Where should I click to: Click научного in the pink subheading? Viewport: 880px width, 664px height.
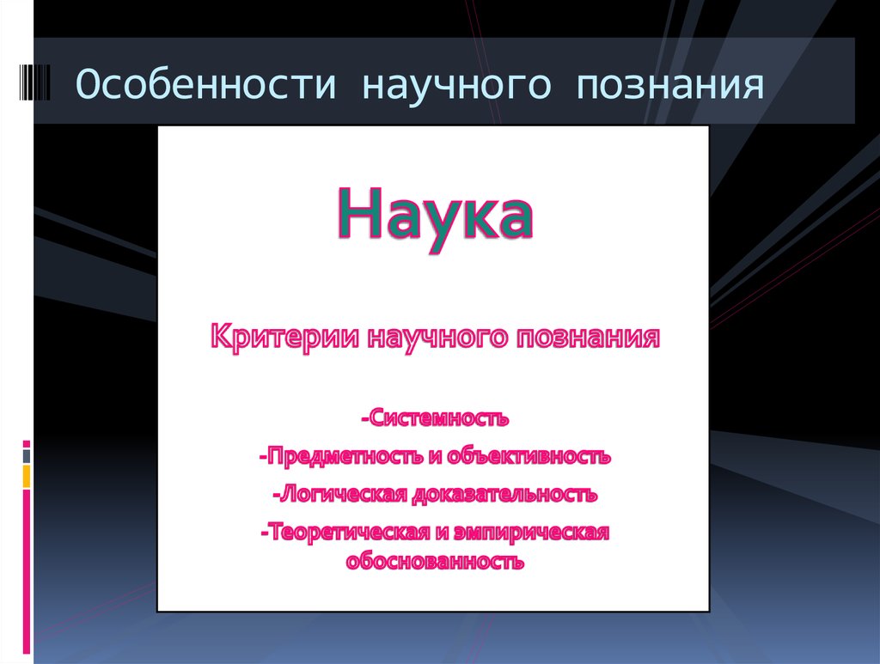(439, 335)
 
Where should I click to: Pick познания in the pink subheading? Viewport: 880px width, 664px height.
(588, 335)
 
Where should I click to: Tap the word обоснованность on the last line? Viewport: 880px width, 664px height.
(434, 563)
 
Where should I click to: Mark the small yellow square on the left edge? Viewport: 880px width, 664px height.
(27, 476)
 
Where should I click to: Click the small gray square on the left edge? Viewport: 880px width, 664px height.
(27, 455)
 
